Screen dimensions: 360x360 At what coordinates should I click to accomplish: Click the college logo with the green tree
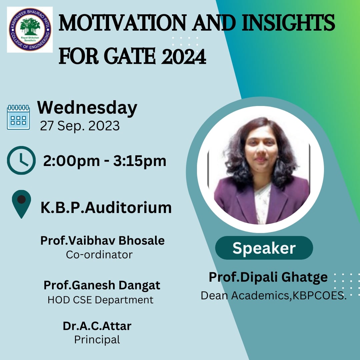pos(30,30)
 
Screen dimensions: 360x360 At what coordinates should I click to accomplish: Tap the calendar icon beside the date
pos(18,117)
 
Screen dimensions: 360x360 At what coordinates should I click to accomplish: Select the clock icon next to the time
pos(21,160)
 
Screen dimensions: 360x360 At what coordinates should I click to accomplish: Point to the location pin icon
pos(21,204)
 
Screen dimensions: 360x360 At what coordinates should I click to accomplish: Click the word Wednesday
pos(87,108)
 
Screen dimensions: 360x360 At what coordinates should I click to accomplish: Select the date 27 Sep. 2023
pos(80,126)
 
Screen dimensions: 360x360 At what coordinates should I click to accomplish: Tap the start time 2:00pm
pos(71,161)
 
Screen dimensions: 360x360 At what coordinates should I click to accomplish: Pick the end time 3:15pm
pos(140,161)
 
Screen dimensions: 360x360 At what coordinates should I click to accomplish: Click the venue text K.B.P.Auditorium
pos(106,208)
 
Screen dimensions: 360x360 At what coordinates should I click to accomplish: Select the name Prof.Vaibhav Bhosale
pos(102,241)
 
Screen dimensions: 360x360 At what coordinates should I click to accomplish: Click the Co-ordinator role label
pos(99,255)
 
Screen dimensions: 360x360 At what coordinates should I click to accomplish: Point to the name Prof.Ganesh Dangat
pos(102,285)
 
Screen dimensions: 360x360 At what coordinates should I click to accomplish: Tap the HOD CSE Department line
pos(101,300)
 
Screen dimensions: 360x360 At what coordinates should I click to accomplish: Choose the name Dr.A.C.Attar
pos(97,326)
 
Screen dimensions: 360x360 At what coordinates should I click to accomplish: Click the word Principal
pos(97,340)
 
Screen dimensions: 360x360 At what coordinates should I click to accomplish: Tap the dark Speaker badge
pos(264,248)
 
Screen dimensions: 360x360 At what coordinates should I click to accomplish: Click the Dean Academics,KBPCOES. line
pos(274,295)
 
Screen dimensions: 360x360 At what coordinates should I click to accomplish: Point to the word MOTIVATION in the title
pos(122,23)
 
